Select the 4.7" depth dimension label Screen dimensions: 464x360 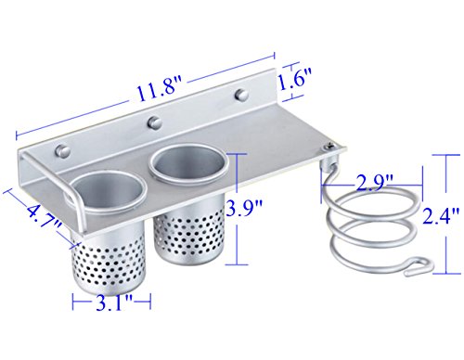click(43, 219)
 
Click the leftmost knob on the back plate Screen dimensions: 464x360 click(62, 150)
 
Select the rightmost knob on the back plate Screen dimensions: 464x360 click(241, 95)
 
